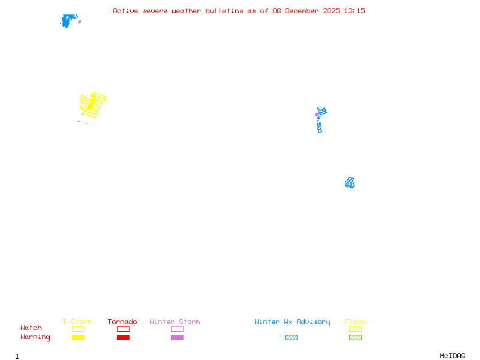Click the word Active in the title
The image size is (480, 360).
125,11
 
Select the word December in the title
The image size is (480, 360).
304,11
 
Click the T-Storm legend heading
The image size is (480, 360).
77,322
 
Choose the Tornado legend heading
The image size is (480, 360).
122,322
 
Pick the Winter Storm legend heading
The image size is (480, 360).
175,322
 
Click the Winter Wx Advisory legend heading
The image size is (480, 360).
292,322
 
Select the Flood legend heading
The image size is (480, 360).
355,322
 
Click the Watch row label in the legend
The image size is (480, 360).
31,328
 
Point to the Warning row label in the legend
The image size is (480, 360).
35,337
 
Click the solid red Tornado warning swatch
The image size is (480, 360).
123,338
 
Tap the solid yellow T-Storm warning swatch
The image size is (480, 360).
78,338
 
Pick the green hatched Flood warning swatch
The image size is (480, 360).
355,338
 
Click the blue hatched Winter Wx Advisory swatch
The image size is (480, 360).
291,338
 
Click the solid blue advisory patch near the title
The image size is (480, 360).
68,21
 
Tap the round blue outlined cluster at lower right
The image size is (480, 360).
350,182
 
